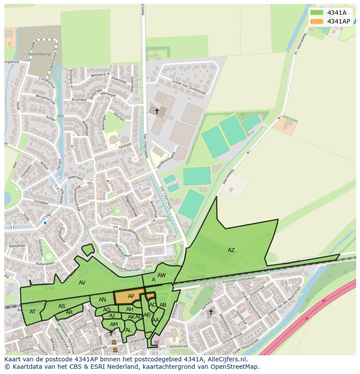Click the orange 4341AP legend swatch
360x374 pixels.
(x=317, y=21)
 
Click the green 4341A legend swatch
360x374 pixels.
(x=317, y=13)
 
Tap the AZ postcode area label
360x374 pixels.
(x=231, y=250)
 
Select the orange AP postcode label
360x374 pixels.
(x=131, y=296)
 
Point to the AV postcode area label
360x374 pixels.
(x=82, y=283)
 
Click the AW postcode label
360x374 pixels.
(x=161, y=275)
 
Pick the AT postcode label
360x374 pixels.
(x=33, y=311)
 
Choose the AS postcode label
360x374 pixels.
(x=62, y=306)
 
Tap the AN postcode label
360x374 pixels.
(x=102, y=300)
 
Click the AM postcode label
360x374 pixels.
(x=113, y=324)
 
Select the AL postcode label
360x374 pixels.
(x=128, y=330)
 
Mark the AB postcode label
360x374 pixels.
(x=163, y=305)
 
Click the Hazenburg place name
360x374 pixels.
(x=39, y=54)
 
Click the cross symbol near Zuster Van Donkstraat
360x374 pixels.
(x=157, y=111)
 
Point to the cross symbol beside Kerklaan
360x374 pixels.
(x=211, y=311)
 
